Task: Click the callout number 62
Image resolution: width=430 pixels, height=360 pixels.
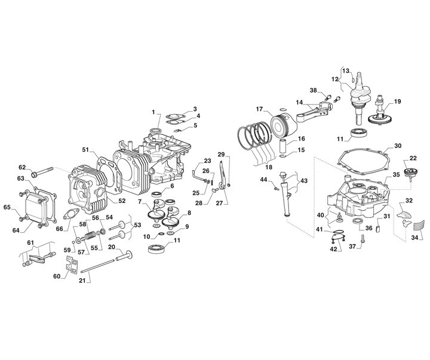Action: pos(22,167)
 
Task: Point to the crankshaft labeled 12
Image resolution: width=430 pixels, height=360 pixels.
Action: pos(360,98)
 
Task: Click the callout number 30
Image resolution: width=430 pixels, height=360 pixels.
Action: pos(398,146)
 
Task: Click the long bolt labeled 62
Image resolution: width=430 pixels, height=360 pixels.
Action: pos(42,172)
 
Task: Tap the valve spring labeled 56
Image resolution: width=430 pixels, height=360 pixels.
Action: pos(90,235)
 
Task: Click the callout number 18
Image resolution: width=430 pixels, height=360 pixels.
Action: pos(269,167)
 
